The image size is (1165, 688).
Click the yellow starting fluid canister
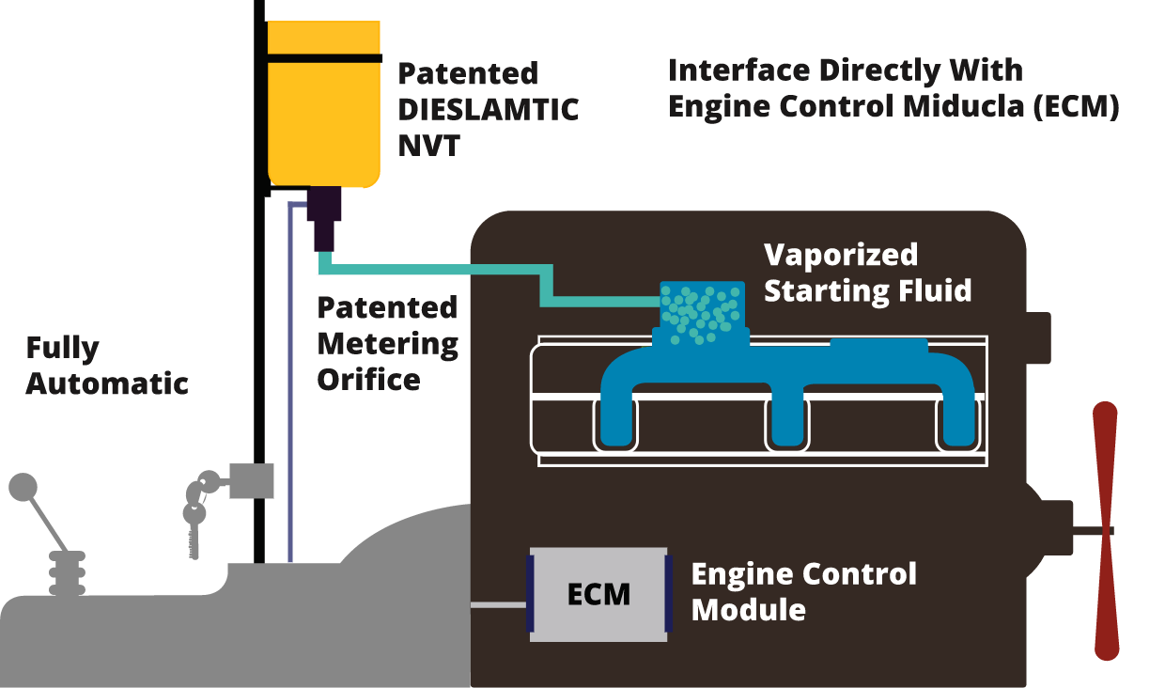pyautogui.click(x=323, y=104)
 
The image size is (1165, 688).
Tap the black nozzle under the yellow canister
pyautogui.click(x=324, y=219)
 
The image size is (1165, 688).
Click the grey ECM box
pyautogui.click(x=598, y=594)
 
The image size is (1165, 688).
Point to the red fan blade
pyautogui.click(x=1106, y=531)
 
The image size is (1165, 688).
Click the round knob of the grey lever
pyautogui.click(x=23, y=487)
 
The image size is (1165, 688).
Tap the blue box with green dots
pyautogui.click(x=702, y=312)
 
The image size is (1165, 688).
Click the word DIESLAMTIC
pyautogui.click(x=488, y=109)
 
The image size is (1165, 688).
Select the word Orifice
pyautogui.click(x=368, y=380)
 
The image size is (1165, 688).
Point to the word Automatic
pyautogui.click(x=107, y=383)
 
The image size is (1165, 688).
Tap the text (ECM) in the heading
pyautogui.click(x=1076, y=106)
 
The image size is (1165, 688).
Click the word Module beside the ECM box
pyautogui.click(x=749, y=609)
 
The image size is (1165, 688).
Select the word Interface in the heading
pyautogui.click(x=739, y=70)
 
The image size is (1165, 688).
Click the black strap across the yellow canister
pyautogui.click(x=324, y=58)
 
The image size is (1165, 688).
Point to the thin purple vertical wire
pyautogui.click(x=290, y=383)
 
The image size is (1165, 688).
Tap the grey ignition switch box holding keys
pyautogui.click(x=251, y=481)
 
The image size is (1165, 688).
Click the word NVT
pyautogui.click(x=429, y=145)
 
